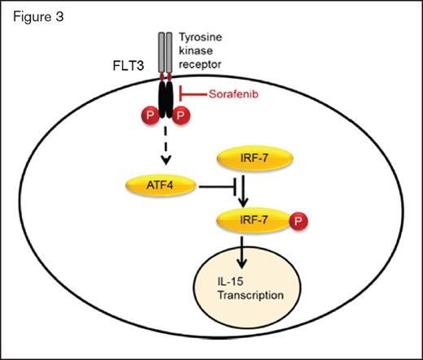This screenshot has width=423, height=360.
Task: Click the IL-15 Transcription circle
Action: pyautogui.click(x=255, y=291)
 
